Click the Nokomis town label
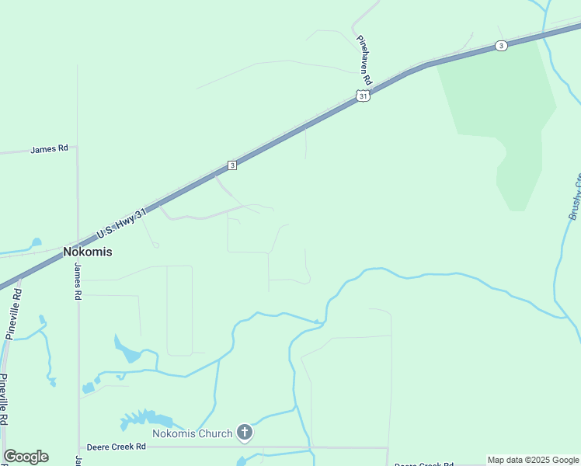click(87, 252)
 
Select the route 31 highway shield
click(363, 96)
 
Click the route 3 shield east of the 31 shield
click(502, 47)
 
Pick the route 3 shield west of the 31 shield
click(232, 165)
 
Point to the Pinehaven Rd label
click(364, 60)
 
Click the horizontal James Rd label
click(49, 148)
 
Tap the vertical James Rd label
click(78, 282)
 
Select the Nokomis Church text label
click(192, 433)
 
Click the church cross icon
click(245, 432)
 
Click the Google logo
click(26, 457)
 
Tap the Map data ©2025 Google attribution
click(533, 460)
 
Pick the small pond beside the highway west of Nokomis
click(36, 242)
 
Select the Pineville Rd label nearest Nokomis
click(13, 314)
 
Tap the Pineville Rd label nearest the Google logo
click(4, 398)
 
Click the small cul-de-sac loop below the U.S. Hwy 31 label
click(155, 245)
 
